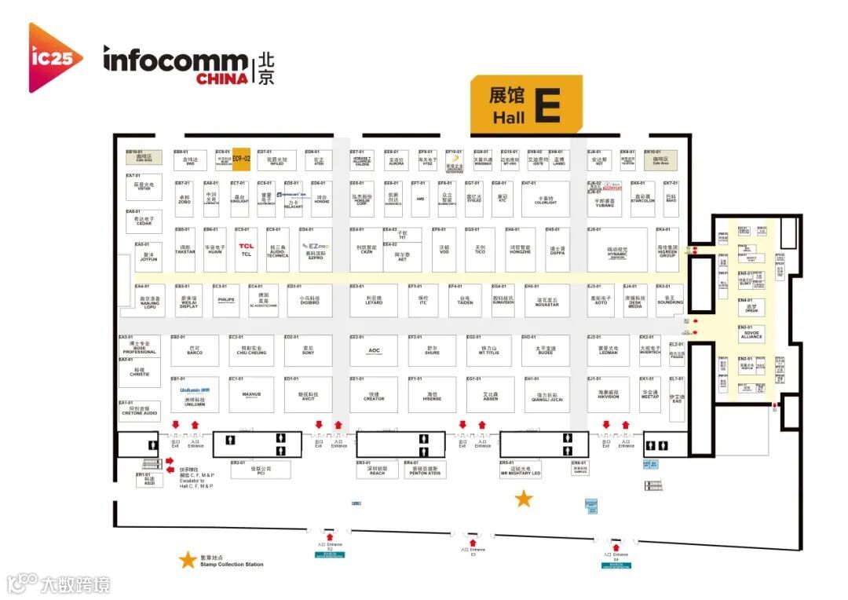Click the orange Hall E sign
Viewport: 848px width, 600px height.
[526, 104]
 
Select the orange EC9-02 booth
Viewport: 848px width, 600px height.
[241, 159]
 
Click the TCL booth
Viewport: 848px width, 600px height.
[247, 250]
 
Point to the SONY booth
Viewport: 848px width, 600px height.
[309, 349]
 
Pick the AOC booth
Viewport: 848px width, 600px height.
[374, 350]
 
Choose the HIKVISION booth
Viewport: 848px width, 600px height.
[608, 394]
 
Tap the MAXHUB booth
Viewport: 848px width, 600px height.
[251, 394]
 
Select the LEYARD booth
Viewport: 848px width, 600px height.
[374, 301]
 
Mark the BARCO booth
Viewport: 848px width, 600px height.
[195, 350]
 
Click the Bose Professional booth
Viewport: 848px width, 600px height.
[139, 347]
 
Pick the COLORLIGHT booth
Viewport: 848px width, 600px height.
[545, 200]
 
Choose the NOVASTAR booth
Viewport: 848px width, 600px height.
[546, 301]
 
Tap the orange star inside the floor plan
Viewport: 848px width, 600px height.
[523, 498]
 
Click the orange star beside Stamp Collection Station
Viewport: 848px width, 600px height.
[188, 560]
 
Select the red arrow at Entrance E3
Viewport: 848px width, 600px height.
[473, 541]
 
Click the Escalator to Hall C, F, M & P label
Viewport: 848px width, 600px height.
[196, 480]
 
